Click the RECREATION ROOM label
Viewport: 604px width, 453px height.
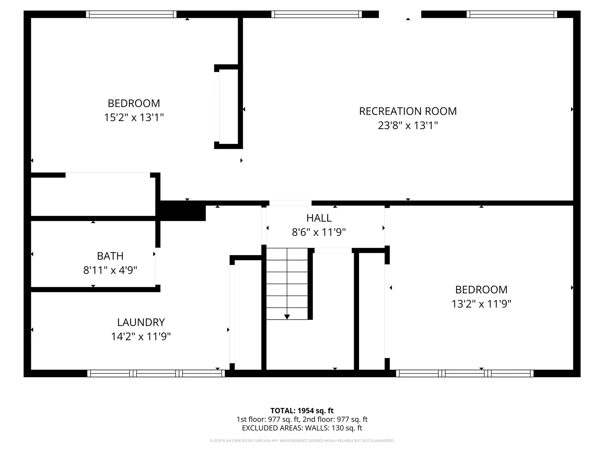pyautogui.click(x=408, y=111)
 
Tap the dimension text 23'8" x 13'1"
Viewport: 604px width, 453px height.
pyautogui.click(x=408, y=125)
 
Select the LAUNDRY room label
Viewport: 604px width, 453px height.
pyautogui.click(x=141, y=322)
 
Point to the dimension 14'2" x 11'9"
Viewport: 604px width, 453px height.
pyautogui.click(x=141, y=336)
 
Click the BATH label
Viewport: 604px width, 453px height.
pyautogui.click(x=110, y=256)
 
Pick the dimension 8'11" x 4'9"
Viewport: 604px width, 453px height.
pyautogui.click(x=110, y=270)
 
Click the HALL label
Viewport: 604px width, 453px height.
pyautogui.click(x=319, y=218)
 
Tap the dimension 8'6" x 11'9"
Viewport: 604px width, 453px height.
pyautogui.click(x=319, y=232)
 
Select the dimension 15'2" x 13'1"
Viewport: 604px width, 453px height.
pyautogui.click(x=134, y=117)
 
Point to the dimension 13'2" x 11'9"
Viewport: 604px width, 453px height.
pyautogui.click(x=481, y=304)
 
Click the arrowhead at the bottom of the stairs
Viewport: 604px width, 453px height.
pyautogui.click(x=287, y=317)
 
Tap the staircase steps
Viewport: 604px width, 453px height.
pyautogui.click(x=287, y=284)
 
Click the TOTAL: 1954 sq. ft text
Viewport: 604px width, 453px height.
pyautogui.click(x=302, y=411)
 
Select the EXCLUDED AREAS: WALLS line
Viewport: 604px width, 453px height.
pyautogui.click(x=302, y=428)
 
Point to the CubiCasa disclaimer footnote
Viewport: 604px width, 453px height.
pyautogui.click(x=302, y=441)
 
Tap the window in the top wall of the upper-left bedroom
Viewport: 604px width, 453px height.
pyautogui.click(x=131, y=14)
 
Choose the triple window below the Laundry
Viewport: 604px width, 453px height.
pyautogui.click(x=156, y=373)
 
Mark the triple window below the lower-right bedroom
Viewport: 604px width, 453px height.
pyautogui.click(x=465, y=373)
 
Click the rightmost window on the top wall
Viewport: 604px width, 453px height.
pyautogui.click(x=512, y=14)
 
